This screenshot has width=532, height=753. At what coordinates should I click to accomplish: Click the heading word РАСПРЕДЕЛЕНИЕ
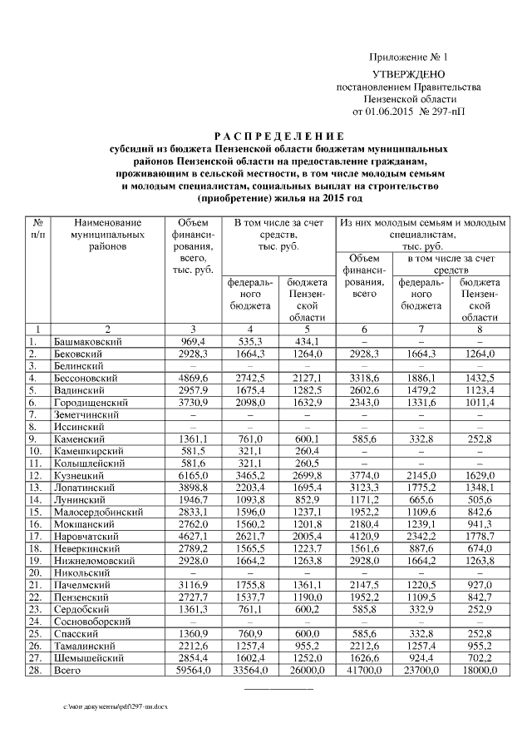266,136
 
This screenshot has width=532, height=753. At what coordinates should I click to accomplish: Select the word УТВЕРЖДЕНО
408,75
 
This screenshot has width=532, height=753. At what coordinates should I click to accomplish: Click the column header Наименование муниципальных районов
107,235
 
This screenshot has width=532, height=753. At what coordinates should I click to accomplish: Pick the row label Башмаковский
85,341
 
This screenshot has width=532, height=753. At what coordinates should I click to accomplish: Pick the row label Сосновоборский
93,621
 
